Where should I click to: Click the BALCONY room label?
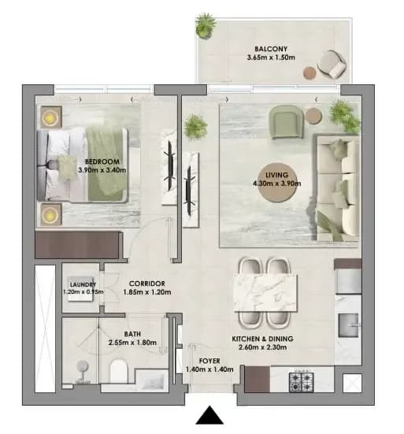tap(271, 49)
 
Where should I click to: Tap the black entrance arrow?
tap(209, 415)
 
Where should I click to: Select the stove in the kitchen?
tap(301, 382)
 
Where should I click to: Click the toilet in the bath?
tap(119, 371)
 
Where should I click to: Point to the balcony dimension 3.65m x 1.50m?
tap(271, 57)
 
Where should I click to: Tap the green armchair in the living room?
tap(286, 121)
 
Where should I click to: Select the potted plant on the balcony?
tap(206, 26)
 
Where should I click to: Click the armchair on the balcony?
tap(332, 64)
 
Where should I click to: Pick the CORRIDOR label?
tap(147, 284)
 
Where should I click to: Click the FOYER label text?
tap(209, 361)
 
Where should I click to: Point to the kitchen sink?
tap(348, 325)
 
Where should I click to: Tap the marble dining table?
tap(265, 293)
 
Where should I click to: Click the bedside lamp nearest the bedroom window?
tap(50, 117)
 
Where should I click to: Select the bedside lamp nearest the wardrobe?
tap(50, 215)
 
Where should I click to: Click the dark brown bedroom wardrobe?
tap(79, 245)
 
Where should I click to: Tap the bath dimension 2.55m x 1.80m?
tap(132, 343)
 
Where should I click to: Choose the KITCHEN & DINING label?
tap(262, 339)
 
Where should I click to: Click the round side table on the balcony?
tap(309, 72)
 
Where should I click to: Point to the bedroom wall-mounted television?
tap(170, 169)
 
